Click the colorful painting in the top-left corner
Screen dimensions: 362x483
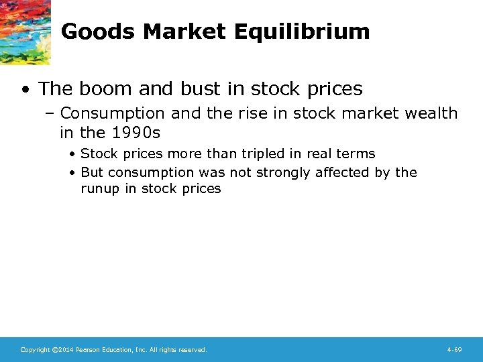pos(24,31)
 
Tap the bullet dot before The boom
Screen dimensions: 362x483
pos(25,89)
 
